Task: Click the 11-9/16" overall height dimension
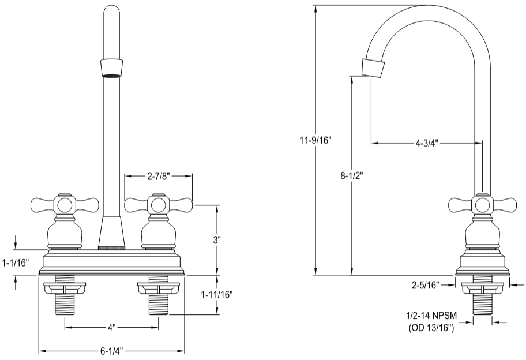(316, 140)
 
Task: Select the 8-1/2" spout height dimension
(351, 175)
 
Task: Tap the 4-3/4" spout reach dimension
(427, 143)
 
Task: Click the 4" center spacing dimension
(111, 328)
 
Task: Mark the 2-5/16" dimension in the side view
(426, 284)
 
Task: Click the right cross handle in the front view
(157, 204)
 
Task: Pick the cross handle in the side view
(482, 204)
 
